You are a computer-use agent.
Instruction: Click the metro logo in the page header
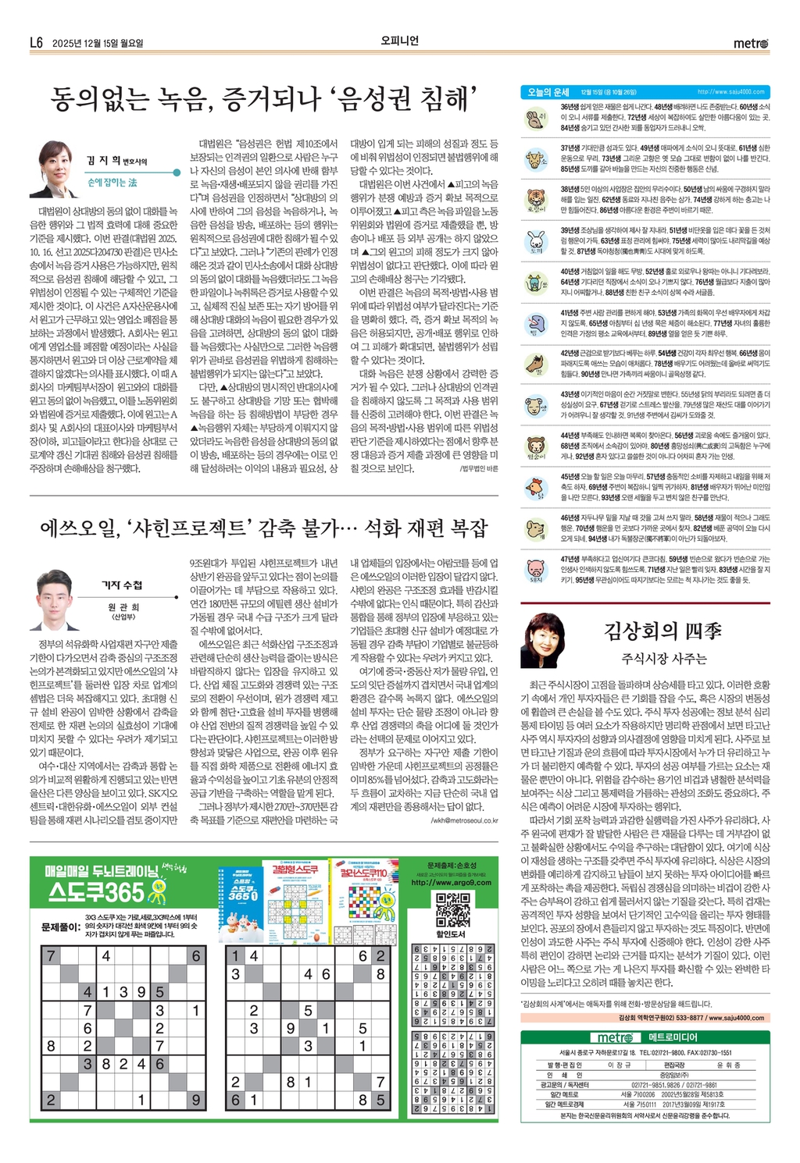[751, 43]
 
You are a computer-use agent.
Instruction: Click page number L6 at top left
[37, 43]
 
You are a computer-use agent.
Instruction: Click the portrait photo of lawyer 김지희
[55, 170]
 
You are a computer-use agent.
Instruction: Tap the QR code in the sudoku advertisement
[452, 909]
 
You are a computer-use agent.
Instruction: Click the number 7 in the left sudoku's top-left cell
[51, 956]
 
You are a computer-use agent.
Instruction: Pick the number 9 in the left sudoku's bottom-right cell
[195, 1100]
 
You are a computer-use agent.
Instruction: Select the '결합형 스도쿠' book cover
[295, 899]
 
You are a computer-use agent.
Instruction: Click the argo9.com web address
[452, 882]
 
